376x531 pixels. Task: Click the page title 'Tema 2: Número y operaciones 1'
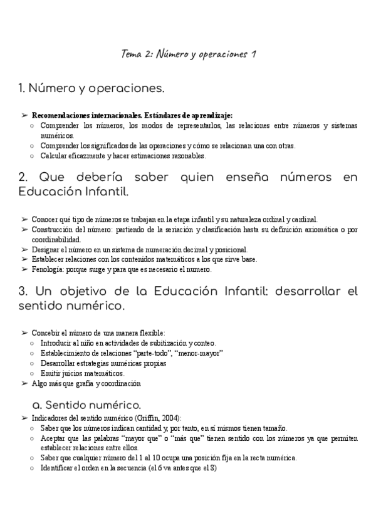(188, 54)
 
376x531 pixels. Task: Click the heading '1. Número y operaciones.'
(92, 89)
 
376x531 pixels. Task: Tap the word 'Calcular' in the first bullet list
(54, 155)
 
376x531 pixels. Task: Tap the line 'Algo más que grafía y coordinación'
(86, 383)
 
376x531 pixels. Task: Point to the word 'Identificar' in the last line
(58, 468)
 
